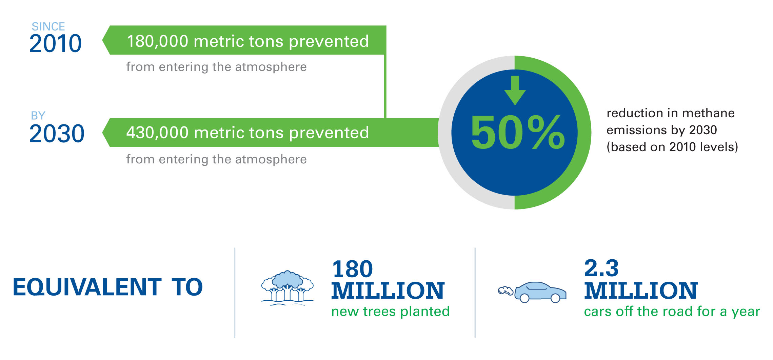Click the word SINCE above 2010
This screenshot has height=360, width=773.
48,26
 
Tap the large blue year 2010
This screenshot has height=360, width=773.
55,43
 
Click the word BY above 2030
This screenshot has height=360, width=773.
38,116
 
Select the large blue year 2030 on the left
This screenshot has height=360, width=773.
57,134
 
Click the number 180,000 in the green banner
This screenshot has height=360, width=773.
158,41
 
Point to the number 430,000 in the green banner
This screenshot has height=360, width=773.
157,133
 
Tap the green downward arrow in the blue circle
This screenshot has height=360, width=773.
515,90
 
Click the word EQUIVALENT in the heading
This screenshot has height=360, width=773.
87,287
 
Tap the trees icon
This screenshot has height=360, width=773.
288,288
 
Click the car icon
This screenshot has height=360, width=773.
540,292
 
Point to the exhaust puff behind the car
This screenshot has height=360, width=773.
505,291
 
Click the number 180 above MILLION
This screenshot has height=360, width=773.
353,269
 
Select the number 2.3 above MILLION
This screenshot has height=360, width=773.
601,268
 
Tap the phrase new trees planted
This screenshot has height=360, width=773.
391,311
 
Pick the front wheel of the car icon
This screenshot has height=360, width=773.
555,298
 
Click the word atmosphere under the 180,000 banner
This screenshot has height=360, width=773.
271,67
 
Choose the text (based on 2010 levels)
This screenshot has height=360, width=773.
672,147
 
